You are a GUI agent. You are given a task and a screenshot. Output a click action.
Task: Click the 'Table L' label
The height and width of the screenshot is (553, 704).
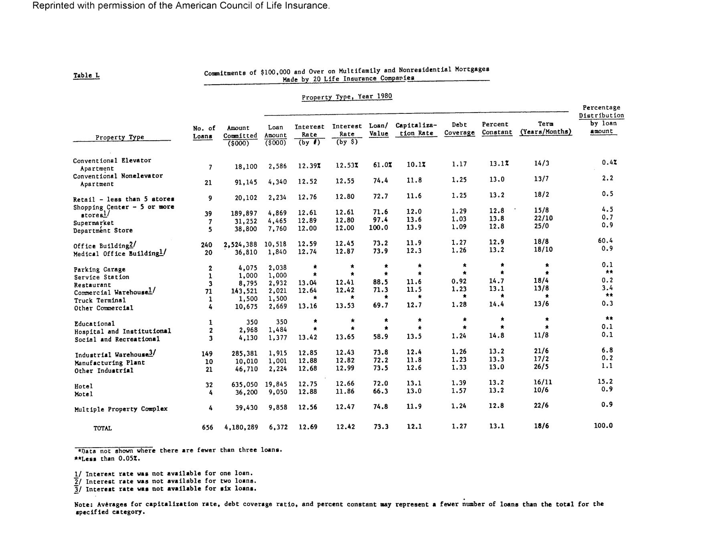tap(86, 75)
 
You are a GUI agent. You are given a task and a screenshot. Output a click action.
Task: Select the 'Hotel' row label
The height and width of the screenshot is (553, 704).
tap(83, 386)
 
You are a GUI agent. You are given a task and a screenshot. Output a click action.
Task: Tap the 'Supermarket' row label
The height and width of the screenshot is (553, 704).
tap(93, 223)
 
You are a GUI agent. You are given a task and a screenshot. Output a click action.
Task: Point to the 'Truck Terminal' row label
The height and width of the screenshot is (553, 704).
tap(100, 300)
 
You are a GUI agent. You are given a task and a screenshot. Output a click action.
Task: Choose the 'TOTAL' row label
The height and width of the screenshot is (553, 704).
tap(103, 428)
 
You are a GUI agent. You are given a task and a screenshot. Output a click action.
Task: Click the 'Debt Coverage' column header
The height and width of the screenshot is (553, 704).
tap(459, 129)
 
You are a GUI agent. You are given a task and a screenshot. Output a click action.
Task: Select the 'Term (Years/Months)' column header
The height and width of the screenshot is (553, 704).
tap(546, 128)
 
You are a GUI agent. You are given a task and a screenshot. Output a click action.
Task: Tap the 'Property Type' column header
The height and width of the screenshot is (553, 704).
tap(119, 137)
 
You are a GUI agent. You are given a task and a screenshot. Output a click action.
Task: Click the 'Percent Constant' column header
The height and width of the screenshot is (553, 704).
tap(497, 128)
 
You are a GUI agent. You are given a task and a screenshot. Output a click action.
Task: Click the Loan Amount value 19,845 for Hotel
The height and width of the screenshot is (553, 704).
tap(276, 384)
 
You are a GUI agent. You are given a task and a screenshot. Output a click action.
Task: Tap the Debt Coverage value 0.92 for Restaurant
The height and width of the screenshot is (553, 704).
tap(459, 281)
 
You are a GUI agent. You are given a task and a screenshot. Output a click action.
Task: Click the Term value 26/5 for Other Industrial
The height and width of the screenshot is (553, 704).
tap(541, 367)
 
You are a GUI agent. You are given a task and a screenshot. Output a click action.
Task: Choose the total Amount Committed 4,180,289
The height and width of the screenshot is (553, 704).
tap(241, 427)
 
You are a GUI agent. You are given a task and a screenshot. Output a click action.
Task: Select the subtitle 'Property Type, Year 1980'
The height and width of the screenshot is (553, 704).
tap(347, 97)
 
